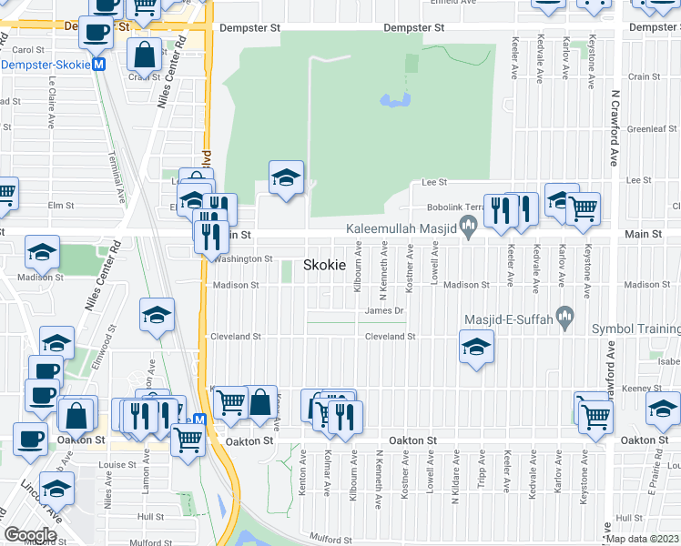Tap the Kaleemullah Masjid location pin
470,225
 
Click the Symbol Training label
635,329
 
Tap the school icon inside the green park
285,178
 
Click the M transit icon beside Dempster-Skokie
99,65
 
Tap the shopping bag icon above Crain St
145,56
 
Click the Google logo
30,535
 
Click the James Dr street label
383,310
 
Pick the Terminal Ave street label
117,178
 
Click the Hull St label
125,516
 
